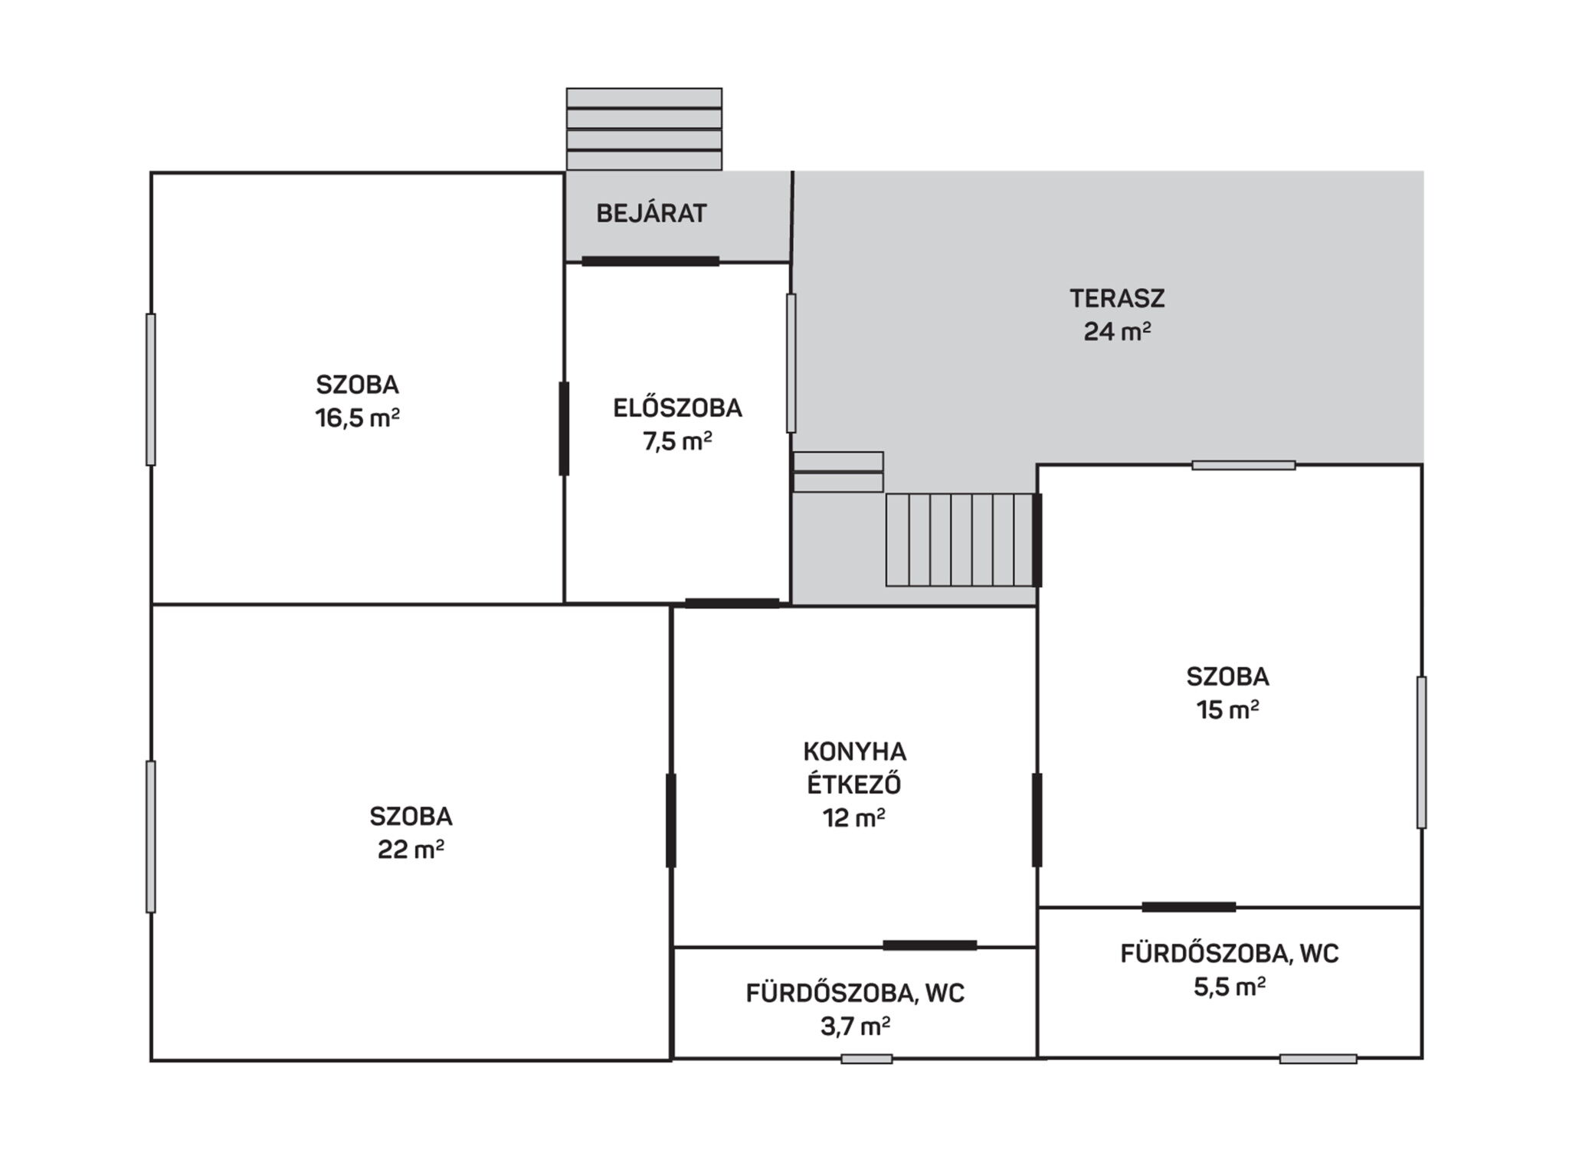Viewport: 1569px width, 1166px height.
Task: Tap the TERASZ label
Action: [1117, 298]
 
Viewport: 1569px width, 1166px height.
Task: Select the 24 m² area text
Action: [1117, 332]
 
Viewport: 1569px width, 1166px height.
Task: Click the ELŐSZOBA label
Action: [677, 408]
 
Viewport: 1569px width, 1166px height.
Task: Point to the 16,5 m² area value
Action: [357, 418]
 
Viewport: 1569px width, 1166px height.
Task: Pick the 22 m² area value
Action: [411, 850]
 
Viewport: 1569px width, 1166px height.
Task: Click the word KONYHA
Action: [854, 751]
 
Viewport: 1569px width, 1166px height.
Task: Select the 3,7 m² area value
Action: [855, 1026]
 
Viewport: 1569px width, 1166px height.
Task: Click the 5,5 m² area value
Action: [1229, 986]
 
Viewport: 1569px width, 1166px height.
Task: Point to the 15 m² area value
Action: [1228, 710]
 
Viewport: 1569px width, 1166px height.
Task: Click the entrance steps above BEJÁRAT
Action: [644, 129]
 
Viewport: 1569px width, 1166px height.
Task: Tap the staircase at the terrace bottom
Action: [960, 540]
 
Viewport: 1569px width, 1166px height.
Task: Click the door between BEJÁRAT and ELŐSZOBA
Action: [650, 261]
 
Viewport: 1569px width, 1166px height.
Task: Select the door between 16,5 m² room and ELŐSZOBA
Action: [564, 429]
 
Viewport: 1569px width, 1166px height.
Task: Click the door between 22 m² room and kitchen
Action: [671, 820]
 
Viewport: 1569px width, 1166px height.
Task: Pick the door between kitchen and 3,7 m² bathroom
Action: [930, 945]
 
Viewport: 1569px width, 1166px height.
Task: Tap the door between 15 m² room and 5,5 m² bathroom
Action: [1189, 907]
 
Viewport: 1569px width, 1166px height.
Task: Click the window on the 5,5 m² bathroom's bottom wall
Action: [1318, 1059]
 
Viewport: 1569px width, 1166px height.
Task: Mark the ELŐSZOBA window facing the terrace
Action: [791, 363]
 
